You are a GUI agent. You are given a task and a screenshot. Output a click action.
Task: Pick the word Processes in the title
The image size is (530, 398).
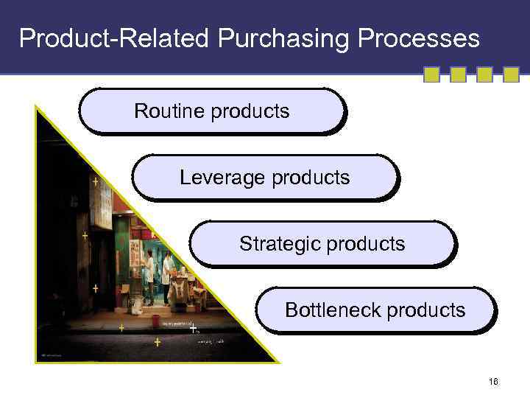(417, 38)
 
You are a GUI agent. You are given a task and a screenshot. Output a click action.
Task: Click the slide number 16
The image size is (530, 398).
(493, 381)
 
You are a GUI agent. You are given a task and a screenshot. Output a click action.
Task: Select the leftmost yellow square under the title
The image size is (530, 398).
(432, 75)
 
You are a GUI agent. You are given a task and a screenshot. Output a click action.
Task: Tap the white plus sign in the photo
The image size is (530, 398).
(193, 329)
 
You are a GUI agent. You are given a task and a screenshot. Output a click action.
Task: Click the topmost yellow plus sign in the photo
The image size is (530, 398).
(96, 181)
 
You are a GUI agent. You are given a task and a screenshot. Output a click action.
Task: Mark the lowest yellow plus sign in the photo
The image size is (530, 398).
(157, 343)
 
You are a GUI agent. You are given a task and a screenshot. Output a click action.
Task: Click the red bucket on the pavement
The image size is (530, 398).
(155, 321)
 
